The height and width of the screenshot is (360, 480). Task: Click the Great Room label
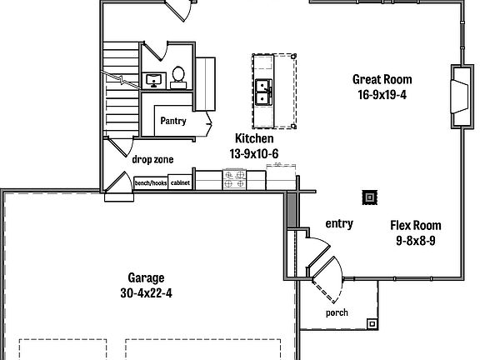click(x=382, y=80)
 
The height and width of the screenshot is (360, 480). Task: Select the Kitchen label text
click(x=254, y=139)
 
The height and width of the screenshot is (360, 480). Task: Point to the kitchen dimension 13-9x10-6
click(x=254, y=153)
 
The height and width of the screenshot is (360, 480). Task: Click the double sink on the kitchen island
click(x=262, y=90)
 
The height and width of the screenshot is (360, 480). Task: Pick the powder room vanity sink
click(x=153, y=81)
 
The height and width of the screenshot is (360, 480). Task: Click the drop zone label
click(x=152, y=158)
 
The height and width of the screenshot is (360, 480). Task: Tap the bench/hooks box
click(x=151, y=182)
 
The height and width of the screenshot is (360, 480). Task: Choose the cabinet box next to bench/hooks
click(x=180, y=182)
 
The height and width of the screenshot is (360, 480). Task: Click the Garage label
click(x=146, y=278)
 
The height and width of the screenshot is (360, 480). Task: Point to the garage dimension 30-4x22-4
click(x=146, y=292)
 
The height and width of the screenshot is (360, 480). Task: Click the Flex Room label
click(x=416, y=226)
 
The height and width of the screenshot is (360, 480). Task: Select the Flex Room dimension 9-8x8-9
click(x=416, y=240)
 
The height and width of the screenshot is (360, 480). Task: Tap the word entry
click(x=339, y=223)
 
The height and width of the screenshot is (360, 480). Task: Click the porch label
click(x=337, y=313)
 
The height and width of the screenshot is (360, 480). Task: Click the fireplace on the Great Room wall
click(x=457, y=95)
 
